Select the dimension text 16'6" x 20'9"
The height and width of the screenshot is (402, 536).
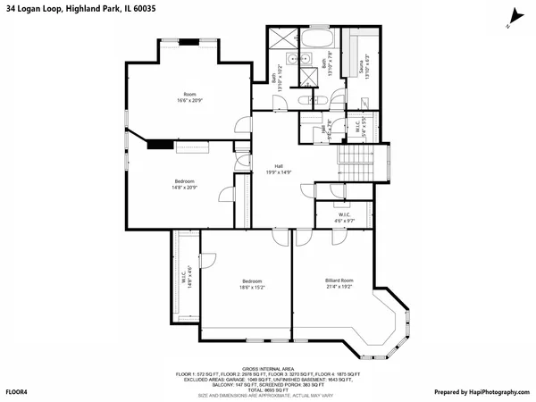(189, 100)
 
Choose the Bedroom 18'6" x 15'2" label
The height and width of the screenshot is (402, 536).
(245, 285)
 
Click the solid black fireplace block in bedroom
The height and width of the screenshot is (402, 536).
(160, 144)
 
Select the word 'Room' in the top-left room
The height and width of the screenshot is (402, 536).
(189, 94)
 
